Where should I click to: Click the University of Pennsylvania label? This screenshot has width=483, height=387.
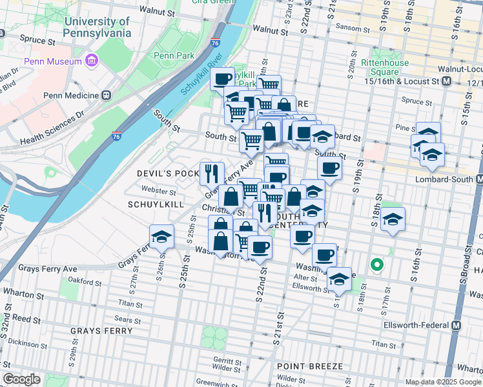98,26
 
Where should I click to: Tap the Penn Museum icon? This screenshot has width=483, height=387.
91,61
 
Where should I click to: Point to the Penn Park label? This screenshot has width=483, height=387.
174,56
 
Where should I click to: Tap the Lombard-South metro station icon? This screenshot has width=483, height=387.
479,179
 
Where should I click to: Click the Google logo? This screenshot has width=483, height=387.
21,379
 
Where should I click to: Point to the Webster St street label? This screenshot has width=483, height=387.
159,192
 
